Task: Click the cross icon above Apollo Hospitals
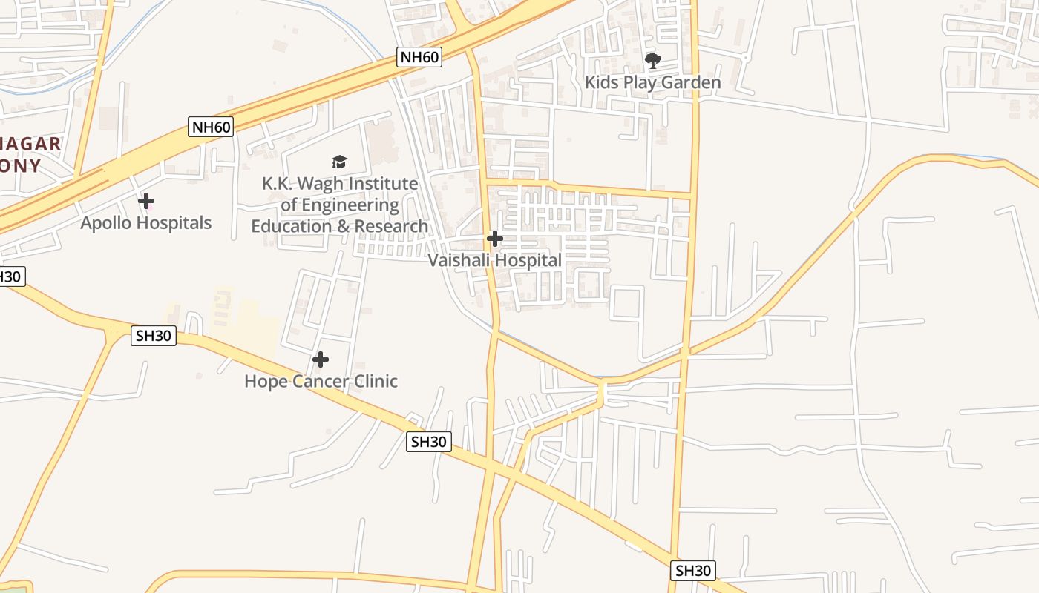(x=146, y=201)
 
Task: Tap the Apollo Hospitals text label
(x=146, y=223)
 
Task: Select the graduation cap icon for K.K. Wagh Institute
(x=339, y=162)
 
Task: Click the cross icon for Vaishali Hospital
(x=494, y=239)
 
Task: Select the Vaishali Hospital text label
(x=494, y=261)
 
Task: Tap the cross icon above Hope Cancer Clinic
(x=321, y=360)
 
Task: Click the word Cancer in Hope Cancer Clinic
(x=322, y=382)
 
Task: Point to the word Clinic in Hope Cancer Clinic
(x=376, y=382)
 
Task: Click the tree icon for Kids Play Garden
(x=652, y=60)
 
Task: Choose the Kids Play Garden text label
(x=652, y=82)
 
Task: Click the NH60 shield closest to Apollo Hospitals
(x=212, y=127)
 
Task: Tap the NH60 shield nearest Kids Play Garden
(x=419, y=57)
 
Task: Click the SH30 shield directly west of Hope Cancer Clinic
(x=154, y=336)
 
